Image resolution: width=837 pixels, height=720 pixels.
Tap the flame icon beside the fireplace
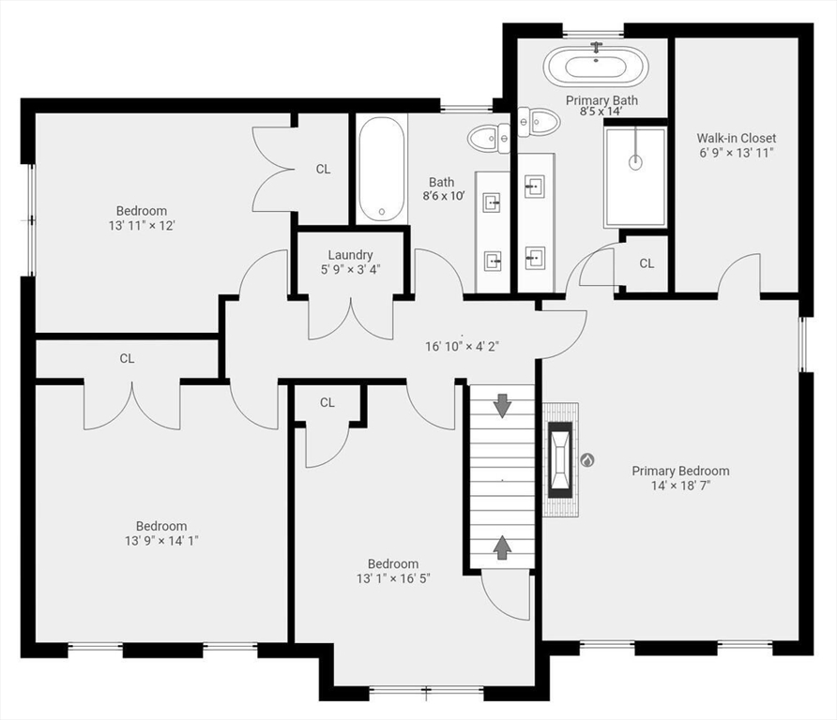[587, 460]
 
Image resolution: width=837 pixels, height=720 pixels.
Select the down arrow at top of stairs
[502, 406]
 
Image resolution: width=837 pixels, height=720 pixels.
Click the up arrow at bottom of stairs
[502, 547]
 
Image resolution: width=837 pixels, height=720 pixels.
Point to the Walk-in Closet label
[736, 138]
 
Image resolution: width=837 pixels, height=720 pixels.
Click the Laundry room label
[350, 255]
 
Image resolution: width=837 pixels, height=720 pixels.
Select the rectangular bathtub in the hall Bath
[381, 169]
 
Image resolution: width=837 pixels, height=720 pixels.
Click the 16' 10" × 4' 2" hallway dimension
[462, 346]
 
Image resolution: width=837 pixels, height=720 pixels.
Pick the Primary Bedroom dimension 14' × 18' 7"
[679, 486]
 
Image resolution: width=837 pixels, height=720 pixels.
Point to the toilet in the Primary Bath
[537, 120]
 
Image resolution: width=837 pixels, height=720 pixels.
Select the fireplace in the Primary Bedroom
[560, 459]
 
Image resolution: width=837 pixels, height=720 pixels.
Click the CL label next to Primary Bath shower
[647, 263]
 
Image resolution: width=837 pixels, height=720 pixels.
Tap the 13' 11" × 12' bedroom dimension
[141, 226]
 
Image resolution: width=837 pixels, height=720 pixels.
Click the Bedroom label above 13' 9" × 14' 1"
[161, 526]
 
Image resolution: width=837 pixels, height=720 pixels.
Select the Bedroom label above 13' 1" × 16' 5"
[392, 563]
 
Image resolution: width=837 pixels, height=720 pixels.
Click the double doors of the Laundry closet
[351, 319]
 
